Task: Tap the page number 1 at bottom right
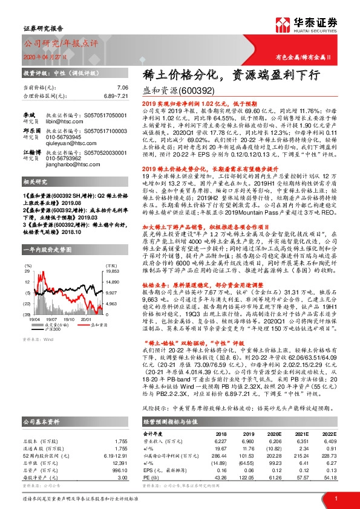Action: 335,498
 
